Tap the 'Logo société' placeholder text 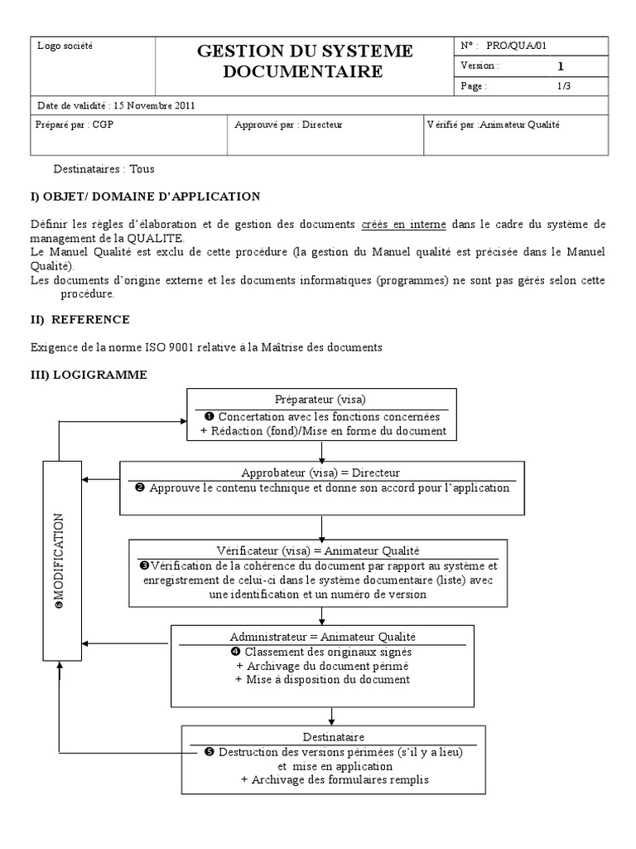(x=65, y=46)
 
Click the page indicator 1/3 (x=563, y=85)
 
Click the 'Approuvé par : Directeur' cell (x=288, y=124)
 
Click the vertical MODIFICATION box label (x=59, y=560)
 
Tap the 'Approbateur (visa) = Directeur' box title (x=320, y=473)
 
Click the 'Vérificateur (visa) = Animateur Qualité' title (x=319, y=551)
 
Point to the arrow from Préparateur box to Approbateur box (x=320, y=451)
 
